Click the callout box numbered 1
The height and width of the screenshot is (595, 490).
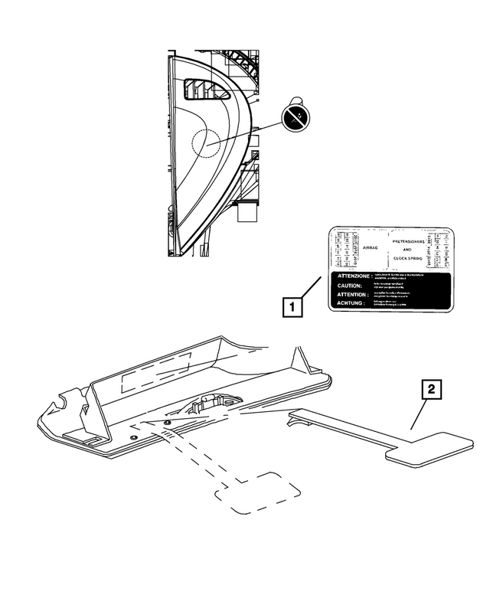click(291, 306)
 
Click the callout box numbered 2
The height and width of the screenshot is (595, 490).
click(432, 391)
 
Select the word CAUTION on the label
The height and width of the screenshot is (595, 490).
click(345, 285)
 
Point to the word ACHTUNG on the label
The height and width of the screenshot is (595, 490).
click(348, 303)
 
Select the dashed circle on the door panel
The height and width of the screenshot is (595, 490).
click(203, 142)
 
